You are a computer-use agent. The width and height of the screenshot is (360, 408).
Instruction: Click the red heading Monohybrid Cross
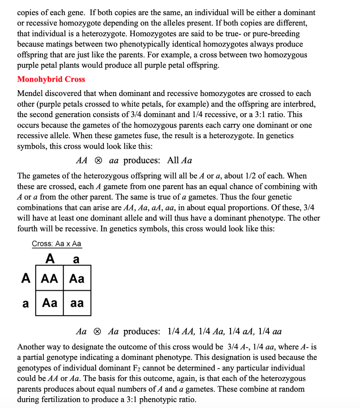(51, 79)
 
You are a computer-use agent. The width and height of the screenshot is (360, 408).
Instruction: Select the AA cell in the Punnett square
(49, 278)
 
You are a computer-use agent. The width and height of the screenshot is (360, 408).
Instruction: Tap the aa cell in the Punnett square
(77, 303)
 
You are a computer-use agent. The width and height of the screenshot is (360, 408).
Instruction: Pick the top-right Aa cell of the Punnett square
(77, 278)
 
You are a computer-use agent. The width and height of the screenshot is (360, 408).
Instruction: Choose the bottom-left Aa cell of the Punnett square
(49, 303)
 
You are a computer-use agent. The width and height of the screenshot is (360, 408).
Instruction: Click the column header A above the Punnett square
(50, 259)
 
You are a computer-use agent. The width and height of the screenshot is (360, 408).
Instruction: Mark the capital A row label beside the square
(26, 278)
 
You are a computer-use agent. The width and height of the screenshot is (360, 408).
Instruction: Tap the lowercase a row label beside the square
(26, 304)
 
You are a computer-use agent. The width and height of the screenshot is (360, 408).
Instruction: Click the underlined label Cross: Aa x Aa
(57, 244)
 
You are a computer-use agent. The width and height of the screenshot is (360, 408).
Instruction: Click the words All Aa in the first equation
(180, 161)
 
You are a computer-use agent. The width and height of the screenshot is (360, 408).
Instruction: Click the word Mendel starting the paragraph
(30, 94)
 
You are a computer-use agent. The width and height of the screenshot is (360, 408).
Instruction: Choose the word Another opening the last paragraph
(31, 347)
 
